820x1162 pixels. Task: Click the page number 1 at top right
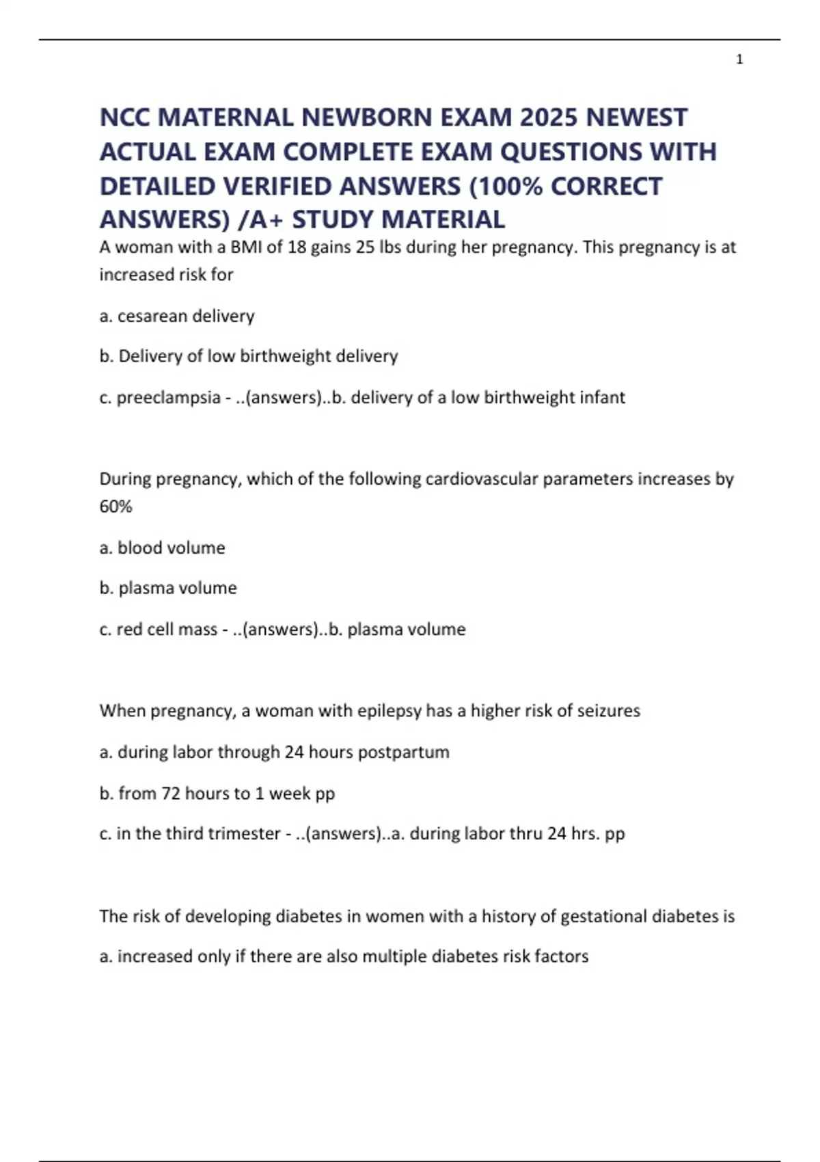coord(739,60)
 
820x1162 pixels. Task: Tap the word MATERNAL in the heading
coord(225,118)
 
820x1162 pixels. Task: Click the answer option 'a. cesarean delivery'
coord(177,316)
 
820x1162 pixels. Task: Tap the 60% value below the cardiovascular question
coord(115,506)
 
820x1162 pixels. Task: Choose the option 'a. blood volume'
coord(163,548)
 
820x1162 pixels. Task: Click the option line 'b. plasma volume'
coord(168,588)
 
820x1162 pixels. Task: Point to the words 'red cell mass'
coord(167,629)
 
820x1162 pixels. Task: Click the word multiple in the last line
coord(394,956)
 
